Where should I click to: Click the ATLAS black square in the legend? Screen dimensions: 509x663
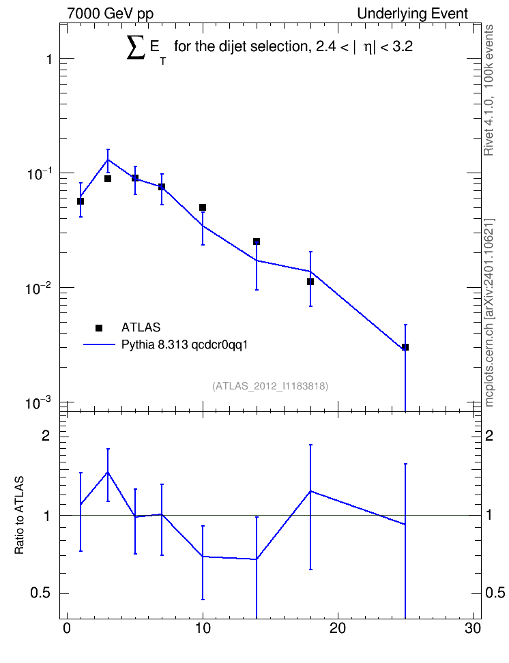pos(99,327)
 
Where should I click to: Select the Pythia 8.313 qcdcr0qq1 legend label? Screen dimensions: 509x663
pos(184,344)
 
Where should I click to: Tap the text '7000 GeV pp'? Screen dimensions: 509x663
pos(110,14)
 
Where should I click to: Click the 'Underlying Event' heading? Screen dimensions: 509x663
pos(413,14)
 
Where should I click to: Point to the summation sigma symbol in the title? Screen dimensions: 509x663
pos(136,47)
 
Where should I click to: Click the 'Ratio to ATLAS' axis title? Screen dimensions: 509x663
pos(20,515)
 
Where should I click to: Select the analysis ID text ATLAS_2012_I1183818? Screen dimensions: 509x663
pos(270,385)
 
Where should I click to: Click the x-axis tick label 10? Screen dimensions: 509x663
pos(203,628)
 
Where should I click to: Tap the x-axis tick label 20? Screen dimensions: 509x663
pos(338,628)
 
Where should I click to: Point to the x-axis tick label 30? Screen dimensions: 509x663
pos(473,628)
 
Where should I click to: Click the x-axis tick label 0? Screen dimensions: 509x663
pos(67,628)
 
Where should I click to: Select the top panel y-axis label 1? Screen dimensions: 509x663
pos(50,59)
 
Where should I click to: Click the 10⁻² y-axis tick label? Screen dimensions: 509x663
pos(38,289)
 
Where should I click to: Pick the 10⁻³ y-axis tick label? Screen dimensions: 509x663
pos(38,403)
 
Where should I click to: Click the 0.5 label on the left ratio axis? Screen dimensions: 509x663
pos(40,593)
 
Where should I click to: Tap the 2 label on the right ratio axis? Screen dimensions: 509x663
pos(489,435)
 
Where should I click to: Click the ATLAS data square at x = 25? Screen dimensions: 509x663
pos(405,347)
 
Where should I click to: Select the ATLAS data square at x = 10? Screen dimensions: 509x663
pos(203,207)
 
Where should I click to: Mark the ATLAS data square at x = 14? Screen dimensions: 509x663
pos(257,241)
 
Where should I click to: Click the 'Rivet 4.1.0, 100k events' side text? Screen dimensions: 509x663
pos(489,90)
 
